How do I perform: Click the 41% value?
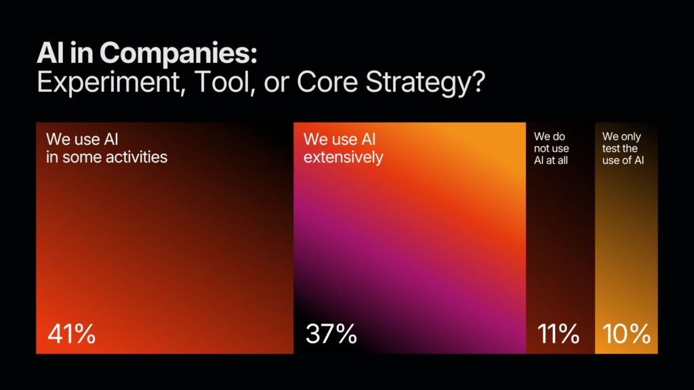click(x=71, y=333)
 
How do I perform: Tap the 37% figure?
click(x=331, y=333)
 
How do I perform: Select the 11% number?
click(x=558, y=333)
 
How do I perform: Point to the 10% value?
click(x=626, y=333)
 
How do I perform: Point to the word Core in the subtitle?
click(x=327, y=82)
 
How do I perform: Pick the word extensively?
click(x=344, y=157)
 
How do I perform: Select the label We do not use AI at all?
click(x=552, y=148)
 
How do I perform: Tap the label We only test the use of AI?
click(x=623, y=148)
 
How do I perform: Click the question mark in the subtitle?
click(x=478, y=82)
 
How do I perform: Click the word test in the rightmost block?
click(x=611, y=148)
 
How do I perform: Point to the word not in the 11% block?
click(x=542, y=148)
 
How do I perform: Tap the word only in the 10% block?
click(x=631, y=137)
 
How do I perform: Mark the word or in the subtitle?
click(x=277, y=83)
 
